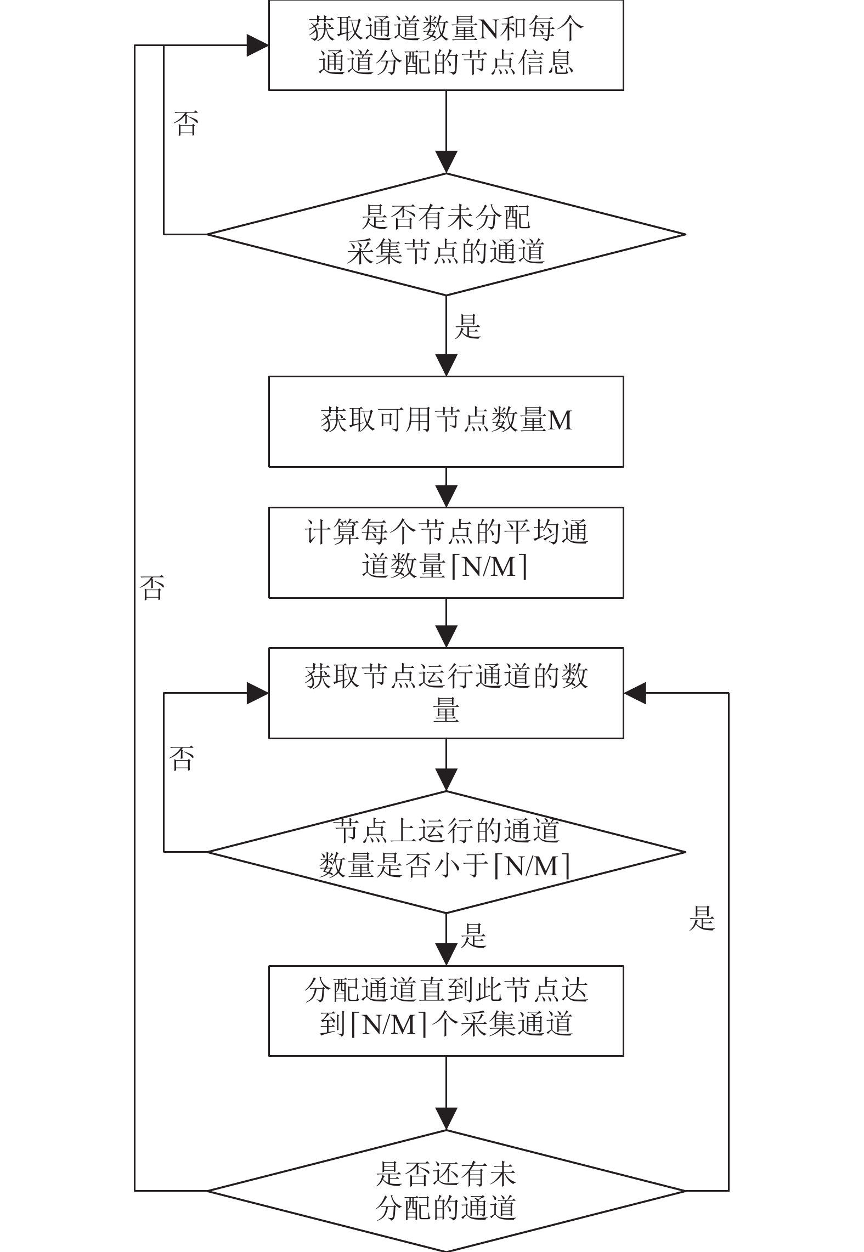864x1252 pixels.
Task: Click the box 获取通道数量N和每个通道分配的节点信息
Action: (445, 45)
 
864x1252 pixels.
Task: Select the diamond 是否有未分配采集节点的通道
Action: (446, 234)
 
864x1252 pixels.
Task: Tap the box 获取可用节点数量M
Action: (445, 421)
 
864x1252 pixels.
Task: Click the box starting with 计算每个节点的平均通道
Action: (445, 552)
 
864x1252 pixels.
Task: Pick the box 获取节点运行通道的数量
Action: (445, 693)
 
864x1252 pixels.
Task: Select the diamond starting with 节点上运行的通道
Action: (446, 852)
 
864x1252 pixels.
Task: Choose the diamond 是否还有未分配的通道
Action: (446, 1191)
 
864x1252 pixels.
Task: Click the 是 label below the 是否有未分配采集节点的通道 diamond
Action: (468, 327)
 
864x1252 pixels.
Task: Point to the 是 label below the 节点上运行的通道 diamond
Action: (473, 936)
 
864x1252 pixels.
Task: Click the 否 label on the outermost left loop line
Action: (152, 587)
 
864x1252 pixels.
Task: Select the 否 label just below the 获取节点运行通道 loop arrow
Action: (182, 758)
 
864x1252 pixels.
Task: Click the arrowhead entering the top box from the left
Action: (258, 46)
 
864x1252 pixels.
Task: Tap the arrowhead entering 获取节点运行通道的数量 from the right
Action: (635, 693)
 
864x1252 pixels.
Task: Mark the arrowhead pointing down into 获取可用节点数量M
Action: (447, 365)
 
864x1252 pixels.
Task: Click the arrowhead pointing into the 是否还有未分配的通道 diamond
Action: (447, 1119)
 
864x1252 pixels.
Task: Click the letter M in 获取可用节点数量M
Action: (560, 421)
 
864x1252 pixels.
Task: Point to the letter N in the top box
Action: (489, 29)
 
